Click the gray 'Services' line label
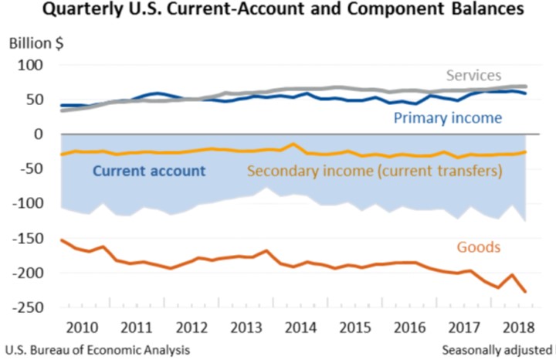point(474,76)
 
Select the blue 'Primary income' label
point(447,117)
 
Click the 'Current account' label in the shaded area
point(149,171)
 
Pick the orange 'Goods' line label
point(479,247)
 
